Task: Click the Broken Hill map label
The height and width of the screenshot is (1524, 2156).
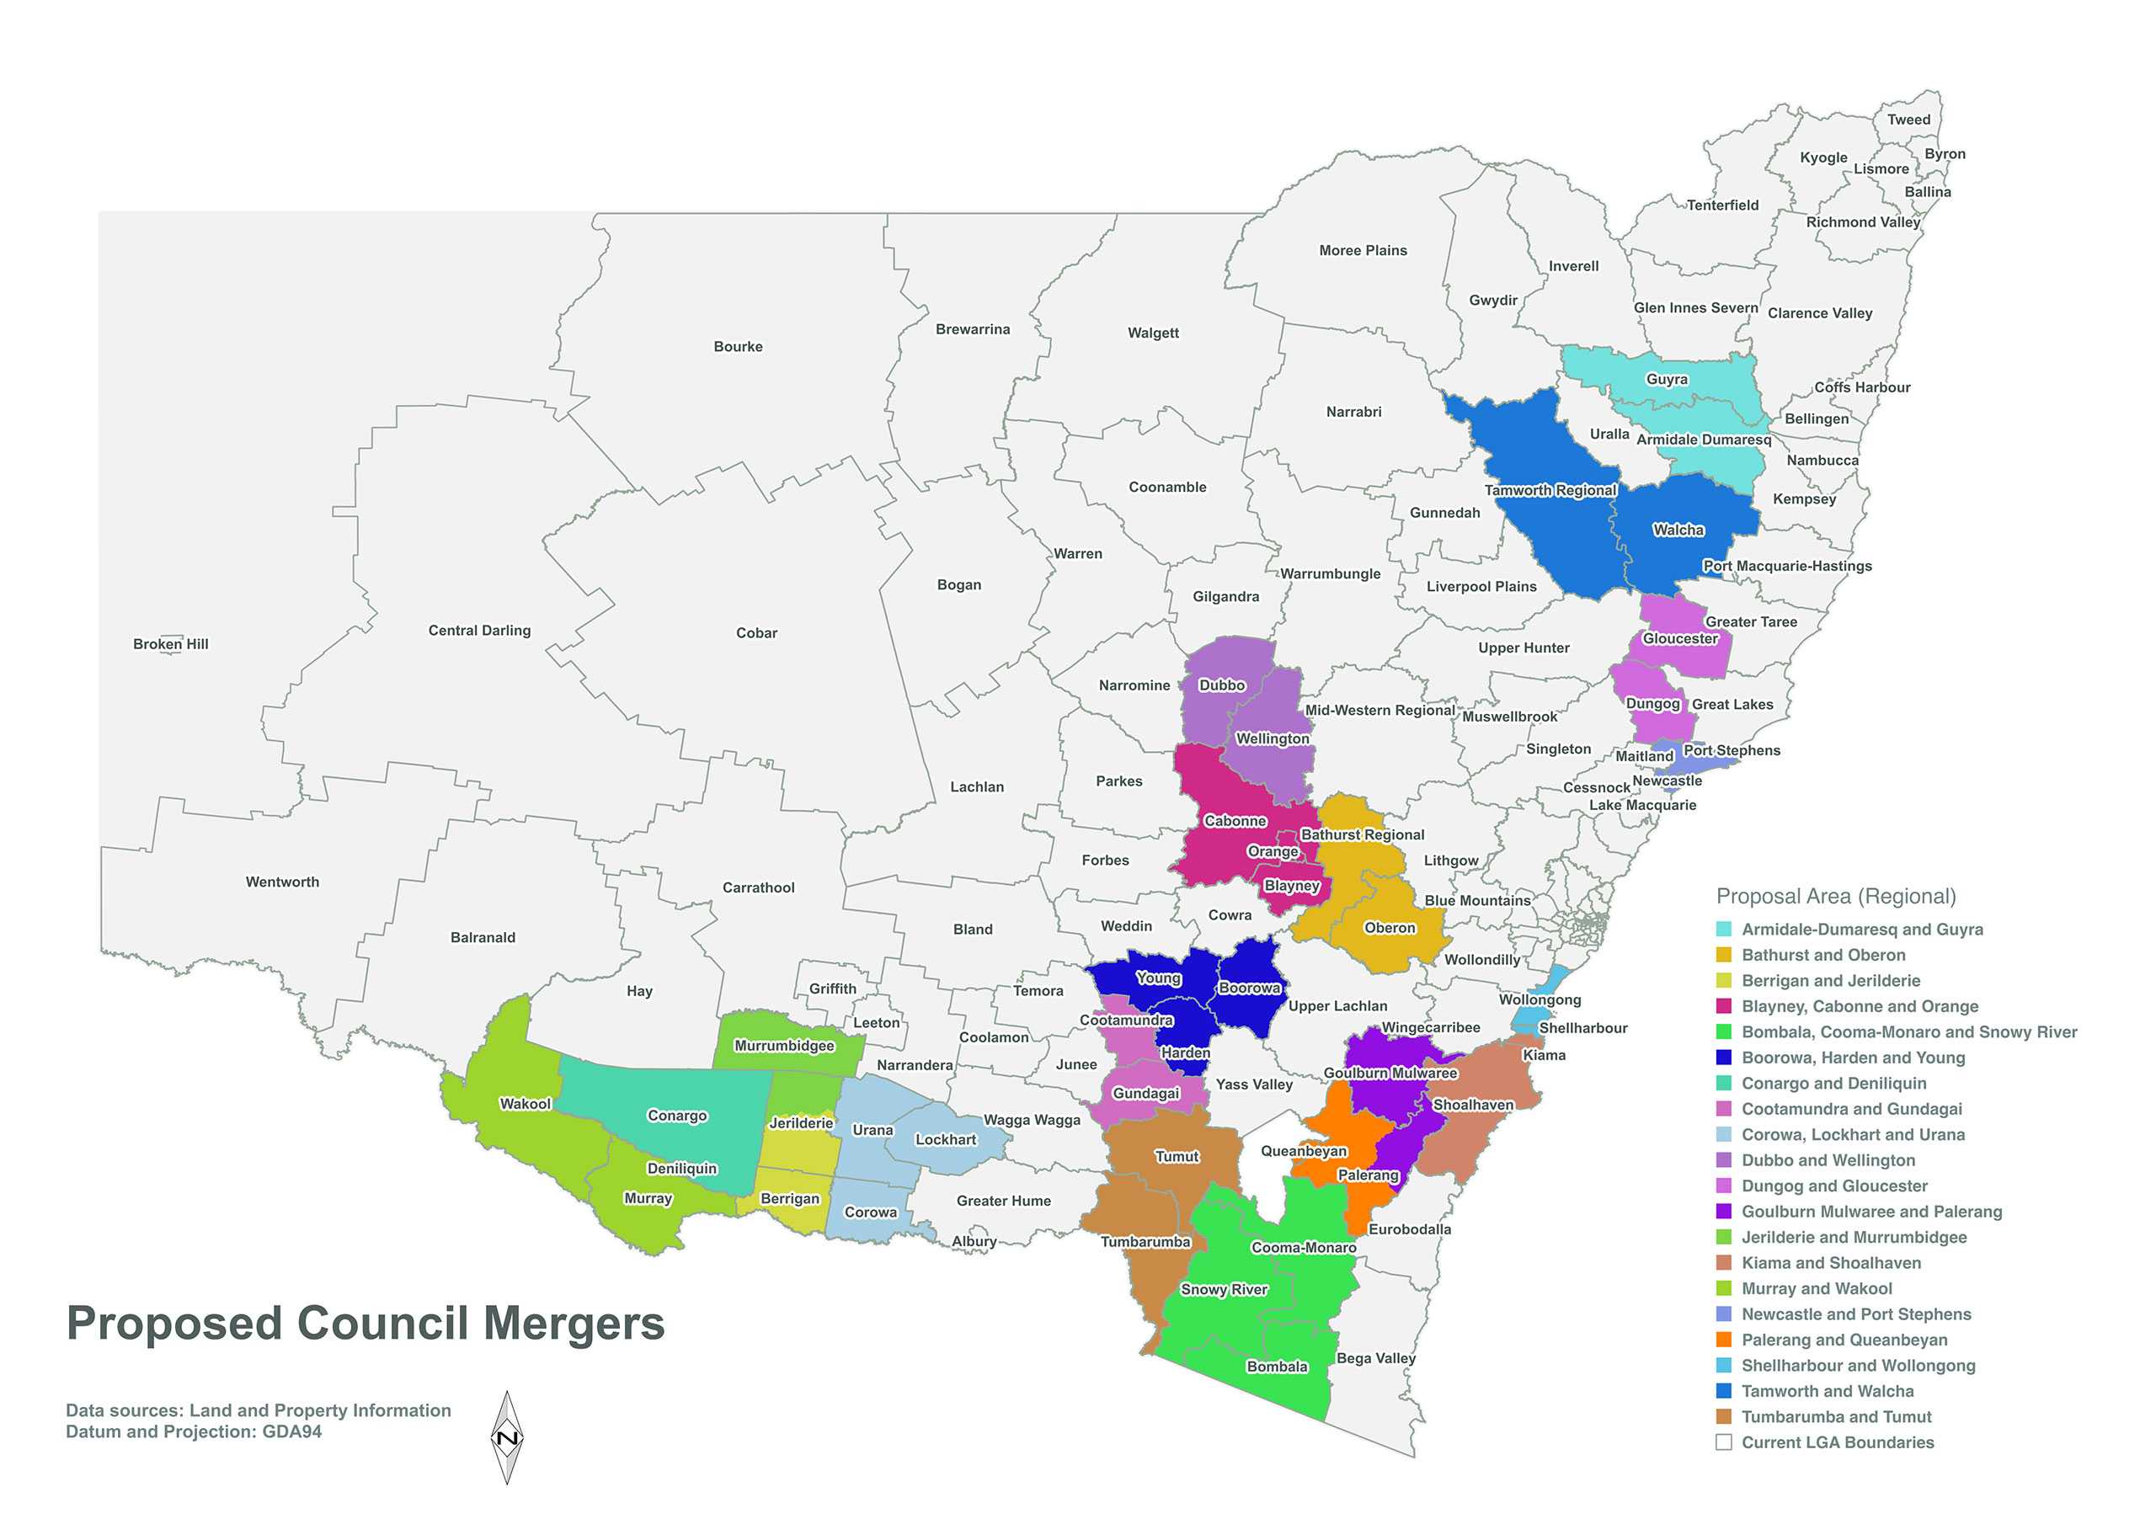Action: click(x=171, y=644)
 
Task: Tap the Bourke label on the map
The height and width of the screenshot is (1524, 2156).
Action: click(x=738, y=347)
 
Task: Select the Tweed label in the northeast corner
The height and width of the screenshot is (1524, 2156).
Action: click(x=1908, y=120)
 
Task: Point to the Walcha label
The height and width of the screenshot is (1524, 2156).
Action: click(x=1678, y=530)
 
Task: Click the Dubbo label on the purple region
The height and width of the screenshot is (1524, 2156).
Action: click(x=1222, y=685)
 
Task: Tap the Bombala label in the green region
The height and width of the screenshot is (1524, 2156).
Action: click(x=1276, y=1367)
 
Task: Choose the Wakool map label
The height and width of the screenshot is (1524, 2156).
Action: click(x=525, y=1103)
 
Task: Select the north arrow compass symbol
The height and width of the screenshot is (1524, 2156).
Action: click(x=507, y=1436)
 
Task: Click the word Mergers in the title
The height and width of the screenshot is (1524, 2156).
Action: click(x=574, y=1323)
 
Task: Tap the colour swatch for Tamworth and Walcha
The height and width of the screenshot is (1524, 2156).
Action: click(x=1723, y=1391)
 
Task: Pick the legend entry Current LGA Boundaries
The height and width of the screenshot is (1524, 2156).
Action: click(x=1837, y=1442)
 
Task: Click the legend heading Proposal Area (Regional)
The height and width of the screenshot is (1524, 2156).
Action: click(x=1836, y=896)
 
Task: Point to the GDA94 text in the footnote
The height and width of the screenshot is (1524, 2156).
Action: click(x=292, y=1432)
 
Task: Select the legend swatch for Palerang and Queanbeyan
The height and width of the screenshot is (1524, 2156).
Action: click(x=1723, y=1340)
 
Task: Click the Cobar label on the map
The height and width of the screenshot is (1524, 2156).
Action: click(x=756, y=633)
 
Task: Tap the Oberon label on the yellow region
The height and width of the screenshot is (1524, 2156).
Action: click(x=1389, y=928)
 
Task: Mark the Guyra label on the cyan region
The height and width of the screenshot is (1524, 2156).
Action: click(x=1667, y=380)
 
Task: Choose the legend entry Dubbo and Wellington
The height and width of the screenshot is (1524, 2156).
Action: click(x=1828, y=1160)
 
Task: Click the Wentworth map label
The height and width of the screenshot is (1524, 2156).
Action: click(x=283, y=882)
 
